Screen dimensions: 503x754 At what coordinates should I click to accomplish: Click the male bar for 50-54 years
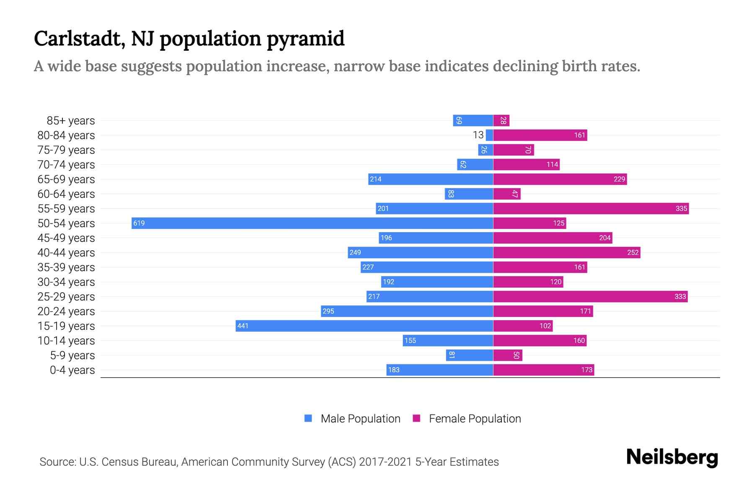pyautogui.click(x=312, y=223)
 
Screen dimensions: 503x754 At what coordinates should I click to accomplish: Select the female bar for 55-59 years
pyautogui.click(x=591, y=208)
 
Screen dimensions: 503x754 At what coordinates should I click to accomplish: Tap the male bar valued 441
pyautogui.click(x=364, y=326)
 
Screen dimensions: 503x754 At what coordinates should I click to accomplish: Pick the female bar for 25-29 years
pyautogui.click(x=590, y=296)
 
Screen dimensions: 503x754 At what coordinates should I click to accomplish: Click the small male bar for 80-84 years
pyautogui.click(x=489, y=135)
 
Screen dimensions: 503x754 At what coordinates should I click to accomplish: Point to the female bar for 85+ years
pyautogui.click(x=501, y=121)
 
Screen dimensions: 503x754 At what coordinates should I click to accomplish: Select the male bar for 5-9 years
pyautogui.click(x=469, y=355)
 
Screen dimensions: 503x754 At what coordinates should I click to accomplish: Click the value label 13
pyautogui.click(x=478, y=135)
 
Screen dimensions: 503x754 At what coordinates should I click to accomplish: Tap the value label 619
pyautogui.click(x=139, y=223)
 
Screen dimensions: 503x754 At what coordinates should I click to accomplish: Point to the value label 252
pyautogui.click(x=633, y=252)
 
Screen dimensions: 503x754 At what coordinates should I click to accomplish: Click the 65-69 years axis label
pyautogui.click(x=66, y=179)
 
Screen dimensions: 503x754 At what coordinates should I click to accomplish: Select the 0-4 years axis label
pyautogui.click(x=72, y=370)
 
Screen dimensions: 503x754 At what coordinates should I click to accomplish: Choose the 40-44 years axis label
pyautogui.click(x=66, y=253)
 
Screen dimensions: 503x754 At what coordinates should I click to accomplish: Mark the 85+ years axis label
pyautogui.click(x=71, y=121)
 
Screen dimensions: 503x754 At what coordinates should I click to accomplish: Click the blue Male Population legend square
pyautogui.click(x=308, y=418)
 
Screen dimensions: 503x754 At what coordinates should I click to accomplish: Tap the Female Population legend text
pyautogui.click(x=475, y=419)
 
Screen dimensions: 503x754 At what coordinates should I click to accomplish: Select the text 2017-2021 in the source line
pyautogui.click(x=385, y=462)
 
